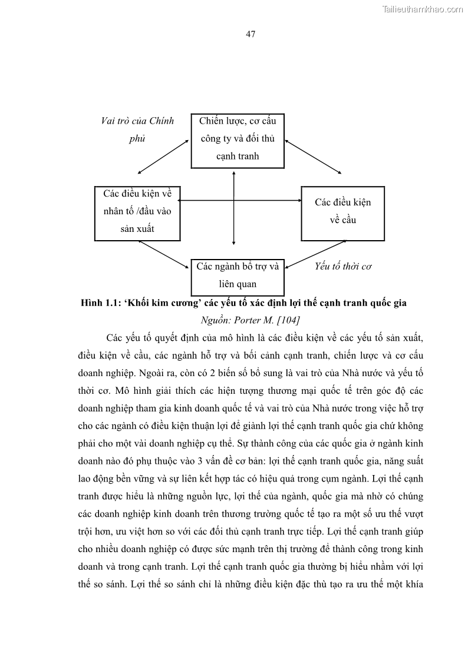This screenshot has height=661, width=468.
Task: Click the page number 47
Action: tap(251, 34)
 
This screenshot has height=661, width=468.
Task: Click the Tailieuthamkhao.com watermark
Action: tap(423, 9)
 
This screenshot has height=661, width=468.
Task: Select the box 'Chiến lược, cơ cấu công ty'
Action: tap(238, 139)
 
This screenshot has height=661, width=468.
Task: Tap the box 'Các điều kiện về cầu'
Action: tap(342, 212)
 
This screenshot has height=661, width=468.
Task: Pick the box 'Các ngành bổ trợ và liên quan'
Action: tap(238, 276)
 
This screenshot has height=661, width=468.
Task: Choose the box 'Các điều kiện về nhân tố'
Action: tap(137, 212)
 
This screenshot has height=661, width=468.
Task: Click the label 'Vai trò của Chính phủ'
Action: tap(137, 129)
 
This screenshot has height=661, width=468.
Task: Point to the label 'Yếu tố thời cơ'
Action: tap(343, 266)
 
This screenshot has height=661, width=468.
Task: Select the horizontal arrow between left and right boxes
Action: tap(239, 202)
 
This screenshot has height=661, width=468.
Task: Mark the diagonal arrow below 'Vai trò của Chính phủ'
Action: tap(163, 157)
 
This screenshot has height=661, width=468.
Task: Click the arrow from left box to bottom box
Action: tap(164, 254)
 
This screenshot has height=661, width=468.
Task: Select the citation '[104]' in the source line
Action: tap(288, 320)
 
